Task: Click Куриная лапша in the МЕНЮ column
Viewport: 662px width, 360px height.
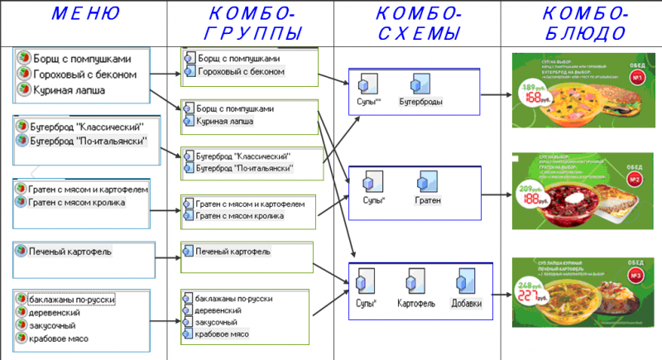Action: (x=67, y=89)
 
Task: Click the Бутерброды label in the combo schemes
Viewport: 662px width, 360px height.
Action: (x=421, y=101)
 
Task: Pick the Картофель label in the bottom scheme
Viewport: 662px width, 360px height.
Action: (x=416, y=303)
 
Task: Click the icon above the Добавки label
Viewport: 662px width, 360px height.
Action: (x=463, y=281)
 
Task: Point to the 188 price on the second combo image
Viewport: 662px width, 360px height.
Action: (x=527, y=199)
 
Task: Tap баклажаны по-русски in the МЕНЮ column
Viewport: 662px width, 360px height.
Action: (x=71, y=299)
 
